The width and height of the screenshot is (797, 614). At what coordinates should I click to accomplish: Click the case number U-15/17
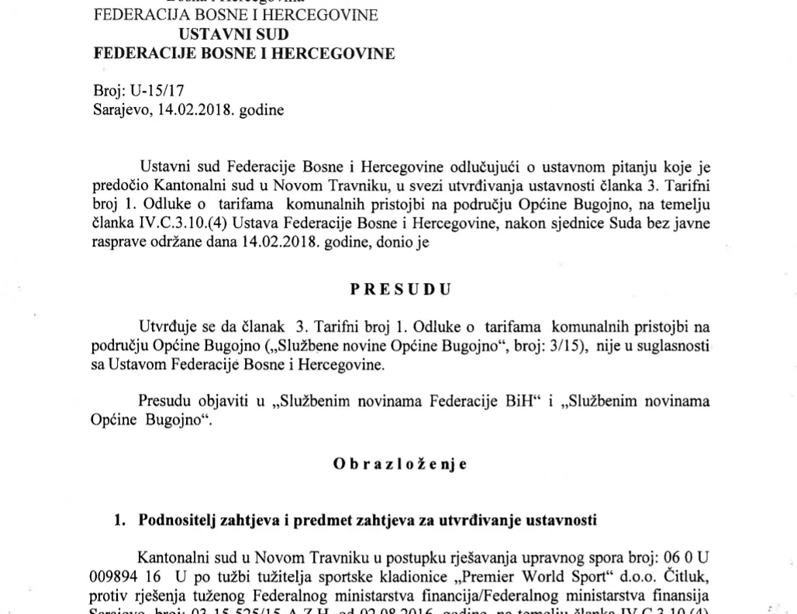click(158, 91)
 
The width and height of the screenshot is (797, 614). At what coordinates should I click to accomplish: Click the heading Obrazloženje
click(399, 464)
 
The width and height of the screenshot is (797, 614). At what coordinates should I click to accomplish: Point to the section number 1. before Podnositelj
click(121, 520)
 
